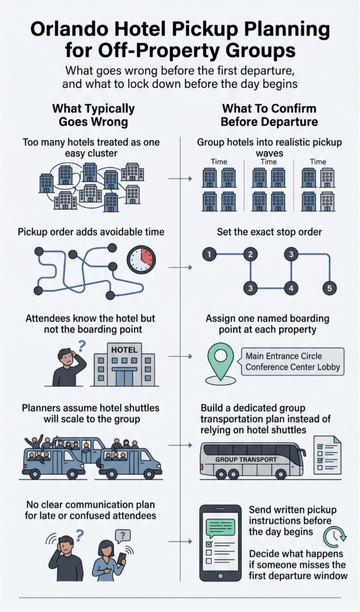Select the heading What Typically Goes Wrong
point(93,115)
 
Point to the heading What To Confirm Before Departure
point(269,115)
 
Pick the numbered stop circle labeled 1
point(209,255)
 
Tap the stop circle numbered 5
point(330,289)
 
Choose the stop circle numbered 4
point(291,289)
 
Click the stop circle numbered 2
point(251,255)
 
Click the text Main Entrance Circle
point(284,356)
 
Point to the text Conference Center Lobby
point(293,368)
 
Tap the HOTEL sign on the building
point(124,350)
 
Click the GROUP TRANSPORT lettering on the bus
point(246,460)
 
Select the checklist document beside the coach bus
point(327,455)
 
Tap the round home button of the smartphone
point(221,576)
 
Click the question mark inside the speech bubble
point(123,535)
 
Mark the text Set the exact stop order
point(270,232)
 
